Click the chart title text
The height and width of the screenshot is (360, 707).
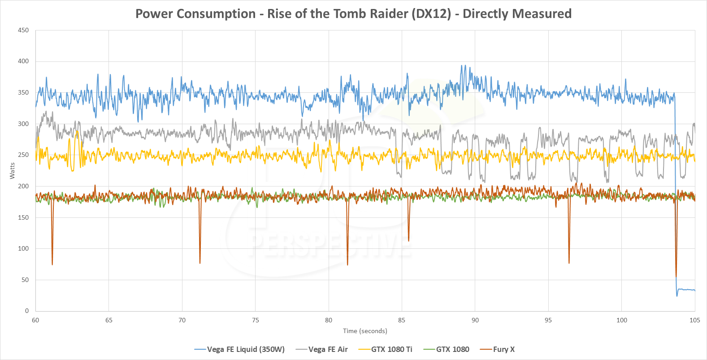click(x=353, y=13)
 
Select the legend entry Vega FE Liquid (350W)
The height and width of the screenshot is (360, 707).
click(x=245, y=349)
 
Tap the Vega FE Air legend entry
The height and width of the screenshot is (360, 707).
click(x=328, y=349)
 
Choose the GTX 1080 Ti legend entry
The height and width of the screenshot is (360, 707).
click(x=391, y=349)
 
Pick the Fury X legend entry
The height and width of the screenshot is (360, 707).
click(x=503, y=349)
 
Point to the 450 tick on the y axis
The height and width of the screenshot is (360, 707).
click(x=23, y=30)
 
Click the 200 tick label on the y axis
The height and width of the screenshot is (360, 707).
click(x=23, y=186)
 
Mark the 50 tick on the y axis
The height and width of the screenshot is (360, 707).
click(x=25, y=280)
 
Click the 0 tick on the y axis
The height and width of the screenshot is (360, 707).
click(x=27, y=311)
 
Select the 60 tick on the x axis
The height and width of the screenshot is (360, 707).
click(x=35, y=320)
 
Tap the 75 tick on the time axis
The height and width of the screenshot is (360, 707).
click(x=255, y=320)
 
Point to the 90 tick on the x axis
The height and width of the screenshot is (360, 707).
click(x=475, y=320)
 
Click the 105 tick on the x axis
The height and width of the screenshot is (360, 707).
click(x=694, y=320)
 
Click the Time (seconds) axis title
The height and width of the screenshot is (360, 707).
click(x=365, y=331)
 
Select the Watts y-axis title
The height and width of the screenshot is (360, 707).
click(x=12, y=171)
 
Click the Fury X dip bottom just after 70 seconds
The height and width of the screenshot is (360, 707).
click(x=200, y=263)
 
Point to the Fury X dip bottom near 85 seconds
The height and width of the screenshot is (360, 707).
click(x=408, y=241)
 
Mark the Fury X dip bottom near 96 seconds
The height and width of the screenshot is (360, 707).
click(x=569, y=263)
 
